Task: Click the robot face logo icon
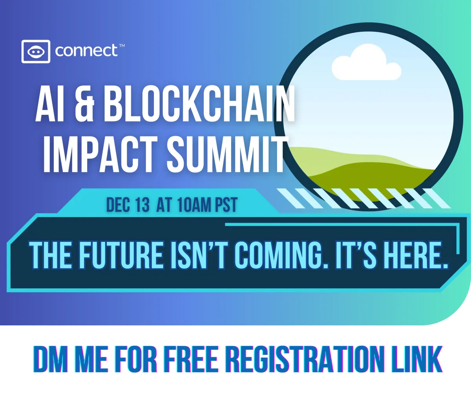coord(36,51)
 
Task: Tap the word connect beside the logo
coord(86,51)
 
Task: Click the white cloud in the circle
coord(366,62)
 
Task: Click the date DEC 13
coord(128,205)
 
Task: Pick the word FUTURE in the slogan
coord(122,255)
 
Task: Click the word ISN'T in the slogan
coord(200,255)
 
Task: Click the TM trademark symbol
coord(122,45)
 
